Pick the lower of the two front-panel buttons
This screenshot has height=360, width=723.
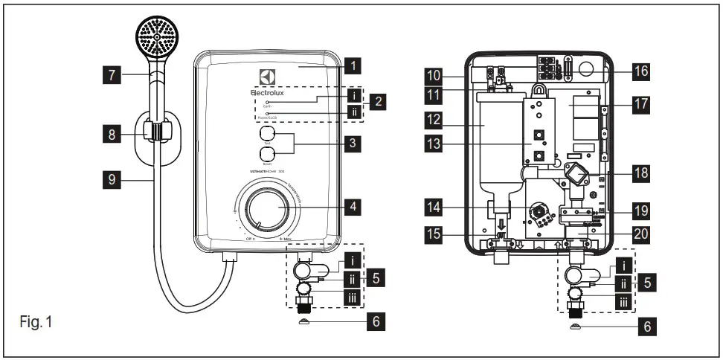tap(268, 156)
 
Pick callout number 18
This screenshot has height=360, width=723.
tap(640, 172)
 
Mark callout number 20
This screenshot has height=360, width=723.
tap(640, 233)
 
